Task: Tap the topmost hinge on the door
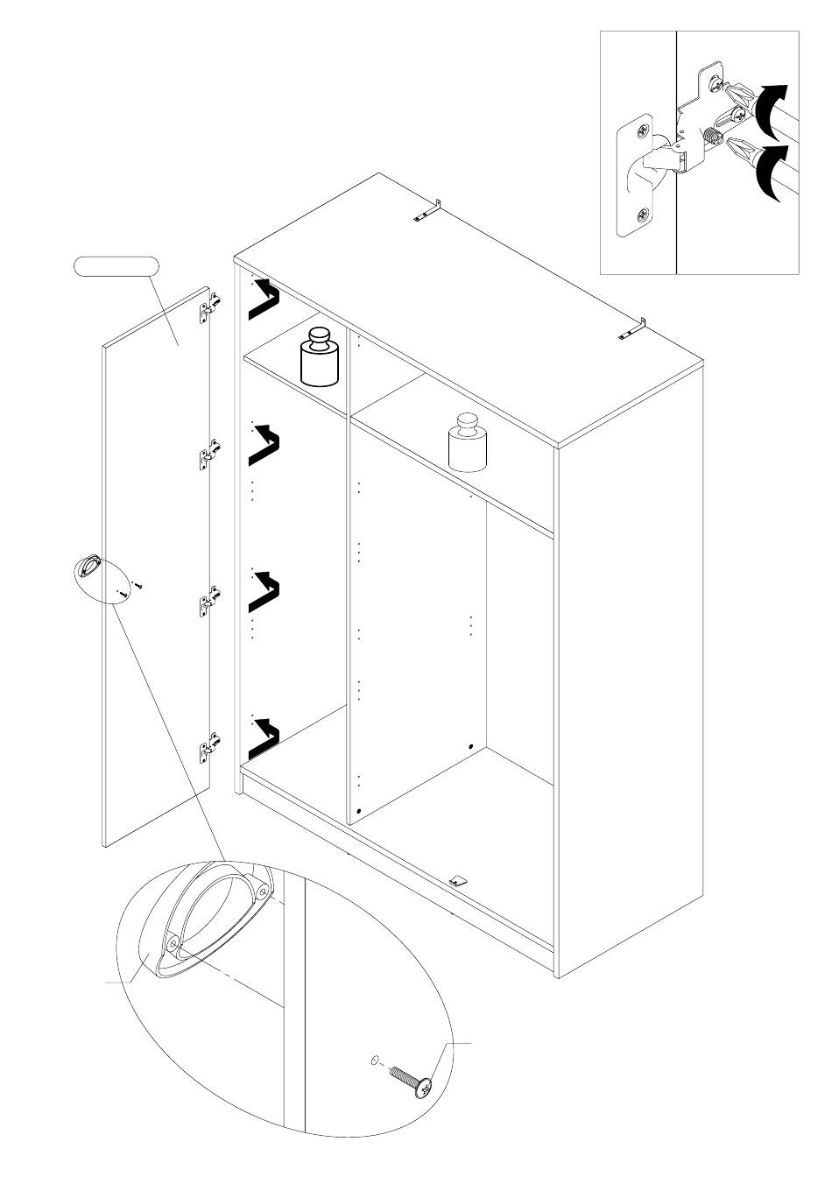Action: pyautogui.click(x=210, y=307)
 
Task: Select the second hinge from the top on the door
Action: pyautogui.click(x=209, y=454)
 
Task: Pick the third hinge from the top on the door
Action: pyautogui.click(x=209, y=603)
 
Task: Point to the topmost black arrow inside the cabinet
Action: pyautogui.click(x=264, y=300)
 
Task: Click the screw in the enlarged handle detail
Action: pyautogui.click(x=412, y=1078)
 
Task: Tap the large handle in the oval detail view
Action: pyautogui.click(x=210, y=920)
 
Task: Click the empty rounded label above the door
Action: pyautogui.click(x=116, y=265)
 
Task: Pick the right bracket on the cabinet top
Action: pyautogui.click(x=635, y=329)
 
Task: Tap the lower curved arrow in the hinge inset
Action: pyautogui.click(x=768, y=173)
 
